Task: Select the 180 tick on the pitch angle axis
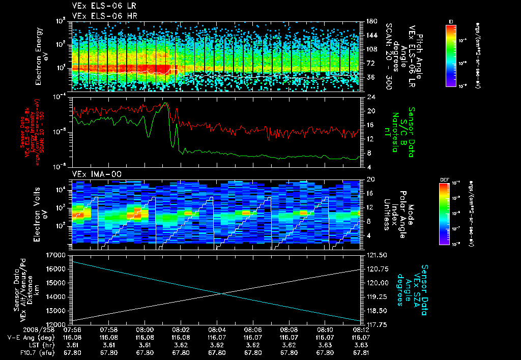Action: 370,21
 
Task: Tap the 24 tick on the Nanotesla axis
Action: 370,97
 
